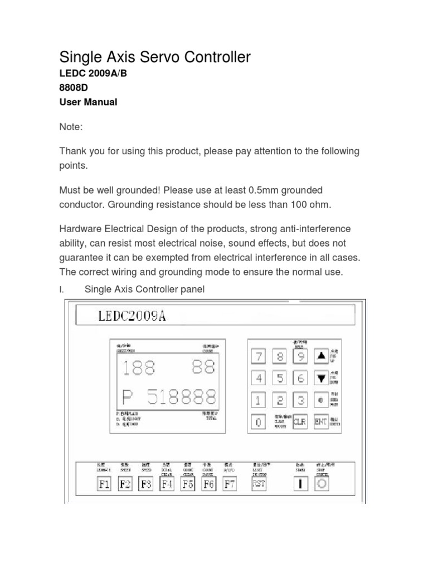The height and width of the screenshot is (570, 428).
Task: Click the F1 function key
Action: pos(104,484)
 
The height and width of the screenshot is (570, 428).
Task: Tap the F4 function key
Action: pos(167,484)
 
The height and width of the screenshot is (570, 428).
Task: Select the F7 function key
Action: pos(229,484)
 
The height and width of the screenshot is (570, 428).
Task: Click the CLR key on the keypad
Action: pos(300,422)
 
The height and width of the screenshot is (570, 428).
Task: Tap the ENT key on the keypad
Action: pos(321,422)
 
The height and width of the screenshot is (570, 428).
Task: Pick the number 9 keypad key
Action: pos(300,357)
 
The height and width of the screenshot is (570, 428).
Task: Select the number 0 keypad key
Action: pos(258,422)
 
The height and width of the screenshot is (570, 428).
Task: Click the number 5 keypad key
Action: pos(279,379)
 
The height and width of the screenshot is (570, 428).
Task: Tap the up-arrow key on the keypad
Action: pos(321,357)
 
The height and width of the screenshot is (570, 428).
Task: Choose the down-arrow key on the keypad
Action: pos(321,379)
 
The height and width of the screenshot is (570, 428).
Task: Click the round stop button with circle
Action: pos(322,484)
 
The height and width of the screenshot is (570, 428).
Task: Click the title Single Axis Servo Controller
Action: pos(155,57)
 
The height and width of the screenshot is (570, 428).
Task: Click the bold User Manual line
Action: pos(88,102)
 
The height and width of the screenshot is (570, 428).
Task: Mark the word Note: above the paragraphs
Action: pos(71,127)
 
